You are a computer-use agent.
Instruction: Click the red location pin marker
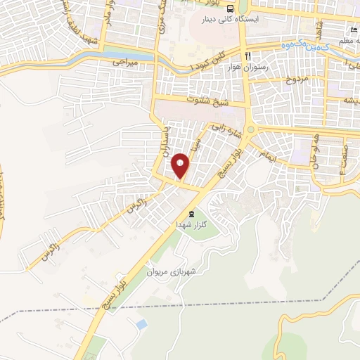pos(181,165)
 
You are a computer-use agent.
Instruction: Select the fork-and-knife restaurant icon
pos(247,56)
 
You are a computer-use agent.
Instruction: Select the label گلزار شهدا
pos(190,224)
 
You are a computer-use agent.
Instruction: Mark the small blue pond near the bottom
pos(141,326)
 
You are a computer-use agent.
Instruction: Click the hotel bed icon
pos(354,30)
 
